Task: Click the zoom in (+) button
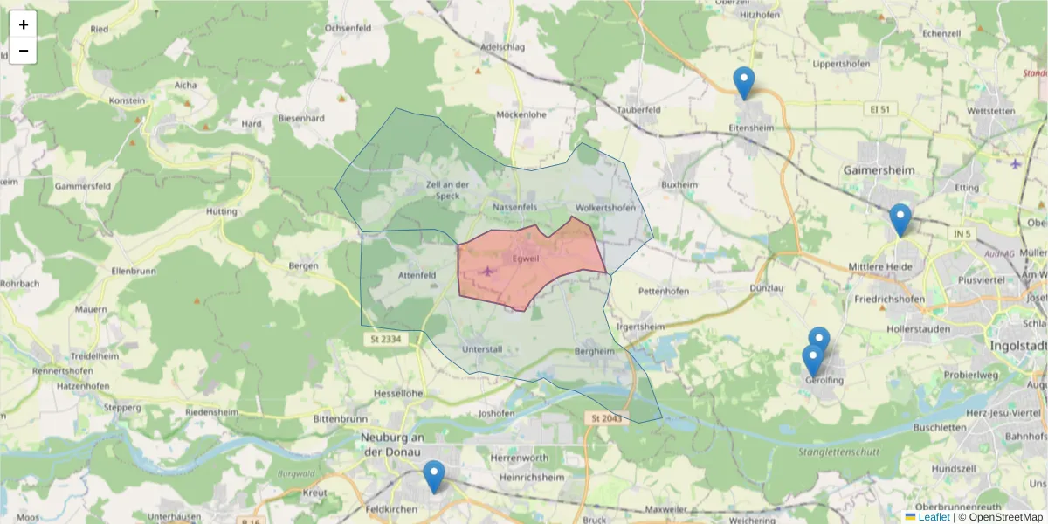click(x=24, y=24)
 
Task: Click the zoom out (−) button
click(x=24, y=51)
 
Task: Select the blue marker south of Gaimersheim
click(x=900, y=220)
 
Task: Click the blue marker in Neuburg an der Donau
click(x=433, y=477)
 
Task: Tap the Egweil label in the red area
click(x=526, y=259)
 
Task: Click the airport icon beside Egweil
click(x=487, y=271)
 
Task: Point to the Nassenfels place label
click(x=514, y=207)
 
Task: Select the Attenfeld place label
click(x=417, y=275)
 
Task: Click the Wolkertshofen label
click(x=605, y=208)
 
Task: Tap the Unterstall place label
click(x=481, y=349)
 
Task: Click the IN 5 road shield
click(x=963, y=234)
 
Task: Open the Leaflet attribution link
click(x=934, y=517)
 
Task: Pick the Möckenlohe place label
click(x=521, y=114)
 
